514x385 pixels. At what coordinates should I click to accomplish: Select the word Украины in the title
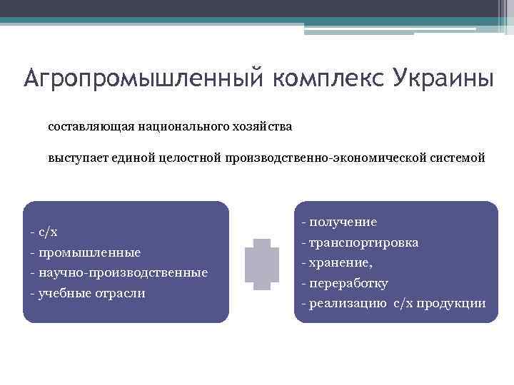442,77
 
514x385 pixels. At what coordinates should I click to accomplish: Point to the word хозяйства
258,126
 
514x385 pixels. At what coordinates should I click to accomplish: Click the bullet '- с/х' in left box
44,232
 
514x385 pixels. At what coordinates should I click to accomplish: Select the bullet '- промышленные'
85,252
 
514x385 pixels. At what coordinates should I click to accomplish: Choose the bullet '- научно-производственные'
119,272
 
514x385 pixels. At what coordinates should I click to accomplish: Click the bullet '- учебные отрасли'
87,293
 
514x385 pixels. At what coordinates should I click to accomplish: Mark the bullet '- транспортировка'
360,242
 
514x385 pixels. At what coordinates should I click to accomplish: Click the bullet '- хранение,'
337,262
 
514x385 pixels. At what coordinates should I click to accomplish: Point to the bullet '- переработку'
345,283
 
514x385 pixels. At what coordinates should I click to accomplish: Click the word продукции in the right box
455,304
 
